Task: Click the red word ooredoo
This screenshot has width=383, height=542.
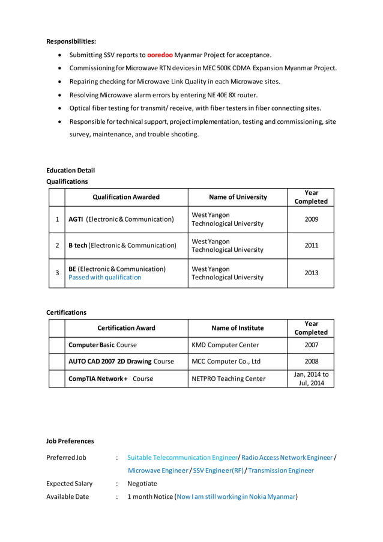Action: pyautogui.click(x=160, y=55)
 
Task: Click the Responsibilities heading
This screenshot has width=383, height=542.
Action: pyautogui.click(x=71, y=41)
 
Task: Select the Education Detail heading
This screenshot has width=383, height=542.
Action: pyautogui.click(x=70, y=170)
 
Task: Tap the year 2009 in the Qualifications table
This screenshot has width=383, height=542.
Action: pyautogui.click(x=311, y=219)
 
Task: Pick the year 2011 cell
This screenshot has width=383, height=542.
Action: pyautogui.click(x=311, y=245)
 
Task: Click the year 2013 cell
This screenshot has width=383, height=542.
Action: pyautogui.click(x=311, y=273)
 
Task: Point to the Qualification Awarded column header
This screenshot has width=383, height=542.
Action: pyautogui.click(x=126, y=196)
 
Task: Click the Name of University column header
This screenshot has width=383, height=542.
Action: pyautogui.click(x=238, y=196)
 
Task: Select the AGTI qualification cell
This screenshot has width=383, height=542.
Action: pyautogui.click(x=121, y=219)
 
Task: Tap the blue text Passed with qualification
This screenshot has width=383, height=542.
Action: pyautogui.click(x=104, y=278)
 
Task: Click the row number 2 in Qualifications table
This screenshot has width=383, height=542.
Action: pyautogui.click(x=56, y=245)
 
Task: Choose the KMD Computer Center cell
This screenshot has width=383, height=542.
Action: pyautogui.click(x=225, y=345)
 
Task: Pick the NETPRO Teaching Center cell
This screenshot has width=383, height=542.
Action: pyautogui.click(x=228, y=379)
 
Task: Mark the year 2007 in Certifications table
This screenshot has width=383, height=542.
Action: pyautogui.click(x=311, y=345)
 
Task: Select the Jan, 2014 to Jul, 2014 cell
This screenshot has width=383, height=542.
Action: pyautogui.click(x=311, y=379)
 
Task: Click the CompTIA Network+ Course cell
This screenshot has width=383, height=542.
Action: pyautogui.click(x=110, y=379)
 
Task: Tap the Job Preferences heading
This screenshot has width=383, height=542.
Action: pyautogui.click(x=70, y=441)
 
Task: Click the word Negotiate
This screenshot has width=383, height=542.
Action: pyautogui.click(x=142, y=483)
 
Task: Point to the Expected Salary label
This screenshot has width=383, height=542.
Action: pyautogui.click(x=69, y=483)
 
